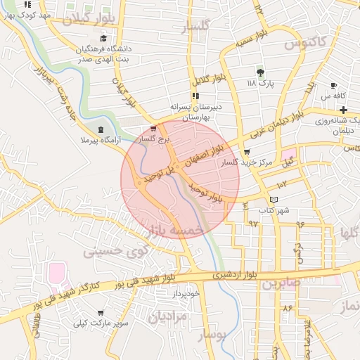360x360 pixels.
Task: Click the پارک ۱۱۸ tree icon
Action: coord(260,72)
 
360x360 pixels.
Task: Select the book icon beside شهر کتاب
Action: coord(274,200)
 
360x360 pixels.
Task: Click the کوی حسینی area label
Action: coord(116,250)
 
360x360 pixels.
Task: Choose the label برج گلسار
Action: coord(155,140)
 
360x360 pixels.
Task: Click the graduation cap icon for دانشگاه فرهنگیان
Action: coord(104,39)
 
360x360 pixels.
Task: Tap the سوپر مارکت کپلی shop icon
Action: coord(101,313)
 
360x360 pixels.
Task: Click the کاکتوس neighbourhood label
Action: coord(307,42)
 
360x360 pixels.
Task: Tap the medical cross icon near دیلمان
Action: coord(342,110)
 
